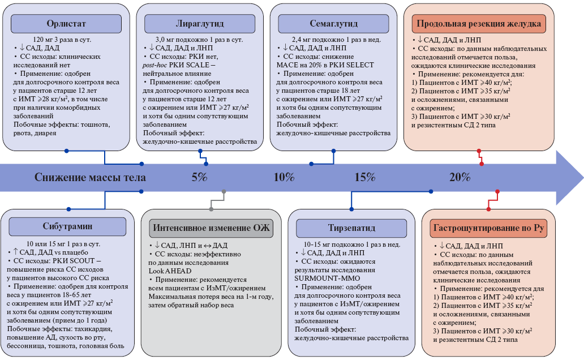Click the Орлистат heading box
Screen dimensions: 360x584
pos(66,24)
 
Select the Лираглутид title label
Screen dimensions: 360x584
pos(200,24)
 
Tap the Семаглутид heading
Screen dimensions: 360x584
pos(333,24)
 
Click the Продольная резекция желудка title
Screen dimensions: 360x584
pos(479,24)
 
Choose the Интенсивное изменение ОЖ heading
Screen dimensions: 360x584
pos(211,228)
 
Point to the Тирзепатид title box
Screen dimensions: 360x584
pos(351,228)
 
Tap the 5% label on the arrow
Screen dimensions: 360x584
pos(199,177)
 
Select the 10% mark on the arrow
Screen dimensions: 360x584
pos(284,177)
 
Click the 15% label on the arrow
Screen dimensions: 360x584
pos(365,177)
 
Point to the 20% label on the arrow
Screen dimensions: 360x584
pos(460,177)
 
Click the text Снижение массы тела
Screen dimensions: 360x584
pos(90,177)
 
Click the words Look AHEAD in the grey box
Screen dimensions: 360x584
pos(170,271)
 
